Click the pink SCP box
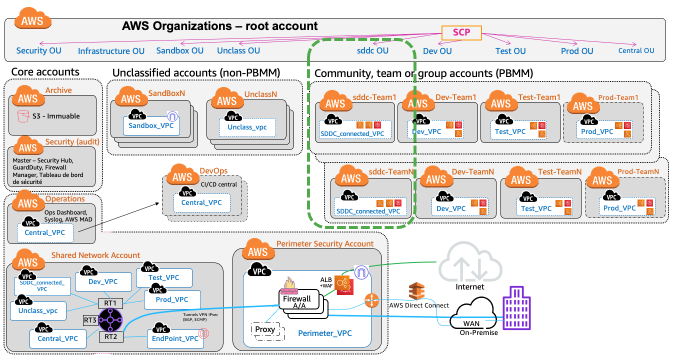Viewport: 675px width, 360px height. (461, 33)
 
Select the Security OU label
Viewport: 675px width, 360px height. (39, 50)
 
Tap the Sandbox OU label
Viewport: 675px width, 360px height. (180, 50)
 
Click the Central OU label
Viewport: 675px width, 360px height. (636, 50)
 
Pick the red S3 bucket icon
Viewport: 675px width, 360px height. (22, 116)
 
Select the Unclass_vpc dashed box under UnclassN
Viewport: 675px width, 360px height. (247, 127)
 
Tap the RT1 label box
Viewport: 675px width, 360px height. (110, 303)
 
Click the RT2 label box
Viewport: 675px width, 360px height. (110, 336)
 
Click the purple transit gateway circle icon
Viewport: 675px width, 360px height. (110, 319)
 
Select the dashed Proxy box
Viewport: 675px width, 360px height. (264, 329)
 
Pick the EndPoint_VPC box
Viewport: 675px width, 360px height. (175, 338)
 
